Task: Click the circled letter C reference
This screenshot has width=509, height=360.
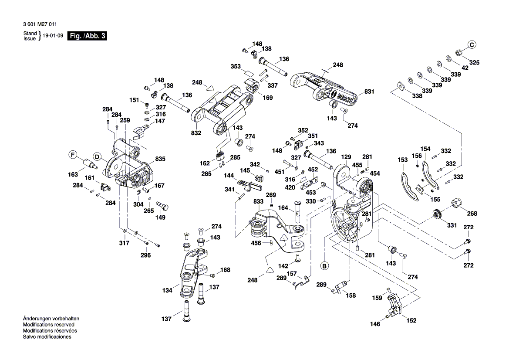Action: click(472, 44)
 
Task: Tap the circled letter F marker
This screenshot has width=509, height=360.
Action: click(74, 154)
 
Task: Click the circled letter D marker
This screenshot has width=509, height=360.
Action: click(98, 157)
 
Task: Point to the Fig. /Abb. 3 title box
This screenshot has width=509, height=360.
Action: click(87, 36)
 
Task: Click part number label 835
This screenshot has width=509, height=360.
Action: click(160, 160)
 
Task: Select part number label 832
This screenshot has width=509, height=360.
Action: click(196, 132)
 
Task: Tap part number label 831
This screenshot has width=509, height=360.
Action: click(369, 92)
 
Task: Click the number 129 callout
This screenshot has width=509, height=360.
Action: click(346, 157)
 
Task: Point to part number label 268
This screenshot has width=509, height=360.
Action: click(472, 214)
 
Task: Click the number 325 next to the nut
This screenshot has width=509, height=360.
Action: click(474, 63)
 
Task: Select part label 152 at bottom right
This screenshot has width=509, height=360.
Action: click(411, 320)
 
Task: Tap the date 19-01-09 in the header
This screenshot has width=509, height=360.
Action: click(54, 36)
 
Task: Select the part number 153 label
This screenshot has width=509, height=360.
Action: click(403, 160)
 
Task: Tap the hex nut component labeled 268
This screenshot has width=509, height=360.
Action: click(457, 203)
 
